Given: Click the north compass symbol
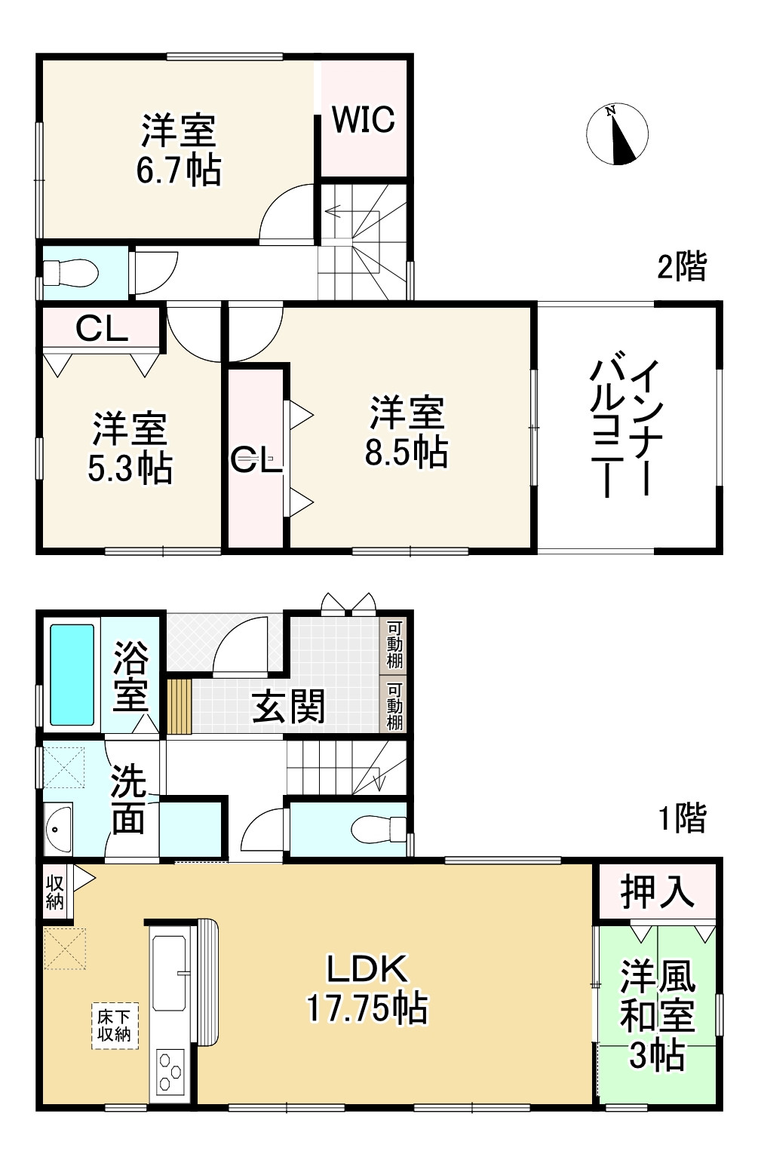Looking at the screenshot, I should [617, 133].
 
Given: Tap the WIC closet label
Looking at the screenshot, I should [364, 118].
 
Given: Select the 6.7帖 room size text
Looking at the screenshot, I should [179, 171].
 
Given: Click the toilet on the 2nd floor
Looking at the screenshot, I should [70, 272].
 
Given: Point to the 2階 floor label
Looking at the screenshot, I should [682, 266].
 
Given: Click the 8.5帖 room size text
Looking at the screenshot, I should [406, 452].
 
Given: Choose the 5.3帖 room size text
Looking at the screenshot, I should [130, 468].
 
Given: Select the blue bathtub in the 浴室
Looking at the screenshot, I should [72, 674].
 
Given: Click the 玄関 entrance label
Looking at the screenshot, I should [289, 707].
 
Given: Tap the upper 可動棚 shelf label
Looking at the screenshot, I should [395, 646].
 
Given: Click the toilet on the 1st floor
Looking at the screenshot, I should [379, 830].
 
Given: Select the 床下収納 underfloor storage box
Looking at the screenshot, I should [115, 1025].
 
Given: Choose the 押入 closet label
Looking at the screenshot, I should [656, 892].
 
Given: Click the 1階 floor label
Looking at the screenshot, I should [682, 818].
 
